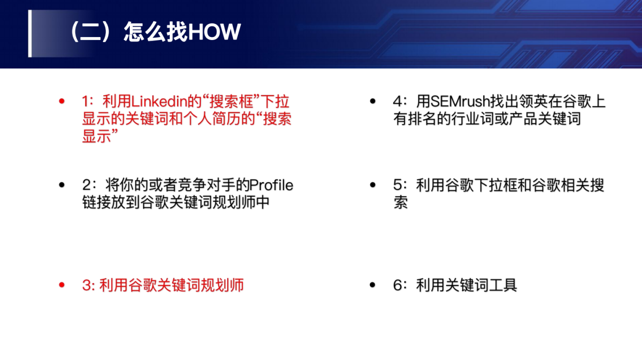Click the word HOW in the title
pyautogui.click(x=215, y=31)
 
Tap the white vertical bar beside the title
pyautogui.click(x=30, y=33)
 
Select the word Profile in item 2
pyautogui.click(x=271, y=185)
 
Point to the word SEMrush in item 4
pyautogui.click(x=460, y=101)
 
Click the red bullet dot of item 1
pyautogui.click(x=62, y=101)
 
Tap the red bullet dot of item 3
pyautogui.click(x=62, y=285)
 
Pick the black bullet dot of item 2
pyautogui.click(x=62, y=185)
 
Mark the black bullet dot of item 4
pyautogui.click(x=373, y=101)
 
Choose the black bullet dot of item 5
pyautogui.click(x=373, y=185)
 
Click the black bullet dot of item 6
pyautogui.click(x=373, y=285)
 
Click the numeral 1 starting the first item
pyautogui.click(x=85, y=101)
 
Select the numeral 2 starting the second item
pyautogui.click(x=87, y=185)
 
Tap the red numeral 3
pyautogui.click(x=87, y=285)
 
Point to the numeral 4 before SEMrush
pyautogui.click(x=398, y=101)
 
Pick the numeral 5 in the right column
pyautogui.click(x=398, y=185)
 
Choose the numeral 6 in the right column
pyautogui.click(x=398, y=285)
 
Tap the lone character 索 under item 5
pyautogui.click(x=401, y=203)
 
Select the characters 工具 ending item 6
pyautogui.click(x=503, y=285)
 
